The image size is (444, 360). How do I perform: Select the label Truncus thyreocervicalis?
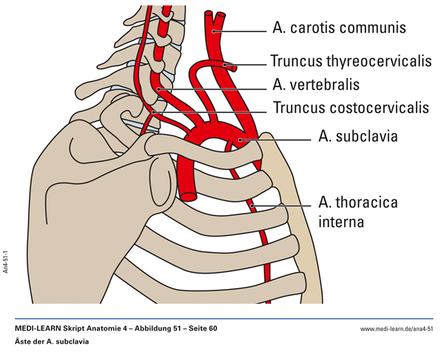tap(351, 61)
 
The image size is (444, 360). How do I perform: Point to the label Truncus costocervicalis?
tap(351, 108)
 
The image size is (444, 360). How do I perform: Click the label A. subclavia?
tap(358, 137)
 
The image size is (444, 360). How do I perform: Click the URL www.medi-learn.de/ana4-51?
tap(396, 328)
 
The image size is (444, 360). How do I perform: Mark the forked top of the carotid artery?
tap(215, 15)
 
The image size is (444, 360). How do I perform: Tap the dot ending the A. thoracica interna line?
tap(253, 204)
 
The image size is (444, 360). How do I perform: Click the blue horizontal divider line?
tap(222, 319)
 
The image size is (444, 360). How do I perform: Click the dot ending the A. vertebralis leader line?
tap(158, 87)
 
